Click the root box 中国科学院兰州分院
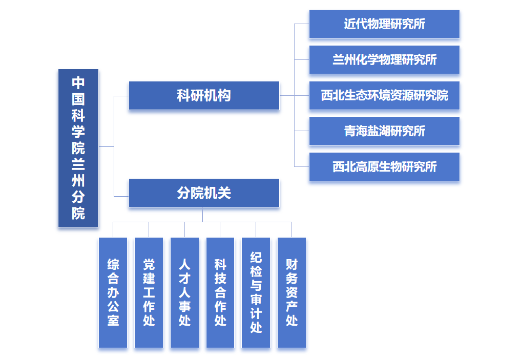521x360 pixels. (78, 148)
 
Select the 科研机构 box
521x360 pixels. (204, 96)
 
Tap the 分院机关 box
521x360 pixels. (204, 193)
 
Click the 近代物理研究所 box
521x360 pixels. (384, 24)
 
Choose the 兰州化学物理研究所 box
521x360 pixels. (384, 60)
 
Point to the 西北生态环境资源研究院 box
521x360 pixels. (384, 96)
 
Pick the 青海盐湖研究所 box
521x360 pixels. (384, 131)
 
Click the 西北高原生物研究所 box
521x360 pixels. (384, 167)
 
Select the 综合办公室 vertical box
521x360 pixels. (113, 292)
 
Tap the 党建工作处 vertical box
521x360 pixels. (149, 292)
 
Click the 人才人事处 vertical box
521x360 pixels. (185, 292)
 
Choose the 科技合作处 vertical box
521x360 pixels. (220, 292)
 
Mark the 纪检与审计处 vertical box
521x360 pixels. (256, 292)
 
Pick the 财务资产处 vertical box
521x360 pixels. (291, 292)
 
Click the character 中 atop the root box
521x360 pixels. (78, 83)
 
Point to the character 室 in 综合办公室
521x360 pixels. (113, 321)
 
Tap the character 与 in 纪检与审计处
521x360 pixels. (256, 286)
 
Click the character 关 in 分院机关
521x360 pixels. (224, 193)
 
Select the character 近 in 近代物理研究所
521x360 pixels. (350, 24)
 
